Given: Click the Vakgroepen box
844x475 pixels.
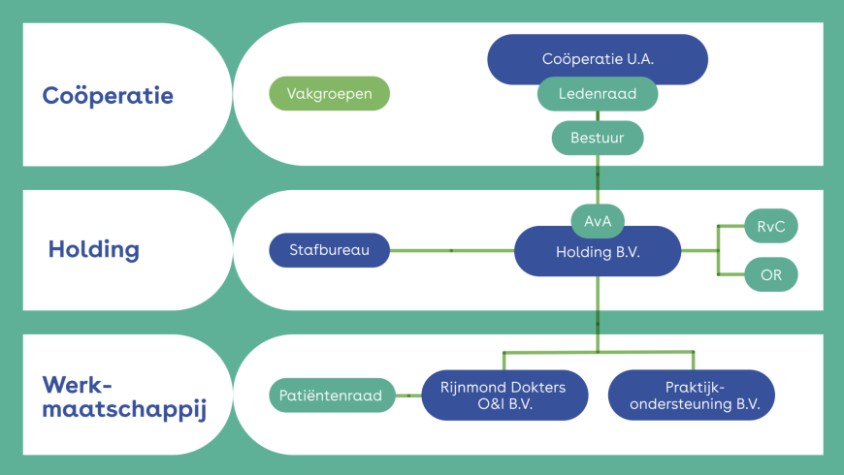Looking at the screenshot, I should coord(329,94).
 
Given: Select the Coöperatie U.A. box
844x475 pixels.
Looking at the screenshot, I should coord(598,58).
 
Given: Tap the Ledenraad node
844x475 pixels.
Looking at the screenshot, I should coord(598,95).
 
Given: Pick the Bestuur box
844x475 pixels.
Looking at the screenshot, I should coord(597,138).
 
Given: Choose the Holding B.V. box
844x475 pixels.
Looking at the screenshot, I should coord(598,252).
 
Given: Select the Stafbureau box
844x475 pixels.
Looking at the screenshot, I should coord(328,250).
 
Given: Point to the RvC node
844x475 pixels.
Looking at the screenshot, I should coord(770,226).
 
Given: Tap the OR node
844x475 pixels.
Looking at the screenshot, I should coord(771,274).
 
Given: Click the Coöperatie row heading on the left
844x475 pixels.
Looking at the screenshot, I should coord(108,96).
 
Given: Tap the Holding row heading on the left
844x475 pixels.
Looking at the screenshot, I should coord(93,249).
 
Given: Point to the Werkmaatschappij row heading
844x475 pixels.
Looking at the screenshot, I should coord(124,396).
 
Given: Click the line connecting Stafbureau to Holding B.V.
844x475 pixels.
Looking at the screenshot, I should coord(451,250).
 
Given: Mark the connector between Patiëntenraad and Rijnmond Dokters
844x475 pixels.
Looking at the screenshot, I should coord(408,396).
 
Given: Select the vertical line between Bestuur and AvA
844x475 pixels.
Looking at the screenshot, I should coord(597,179).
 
